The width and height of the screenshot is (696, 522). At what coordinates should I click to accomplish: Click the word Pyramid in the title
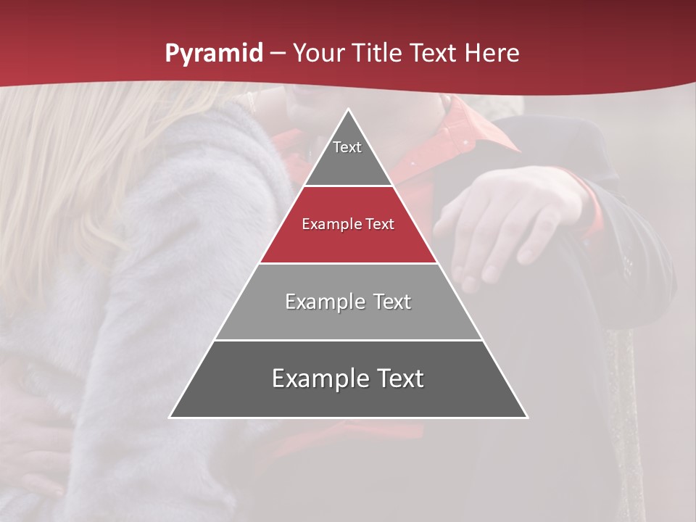pyautogui.click(x=213, y=54)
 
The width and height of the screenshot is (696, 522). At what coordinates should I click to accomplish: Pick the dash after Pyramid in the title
pyautogui.click(x=277, y=54)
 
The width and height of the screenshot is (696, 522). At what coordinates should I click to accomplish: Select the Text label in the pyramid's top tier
pyautogui.click(x=347, y=147)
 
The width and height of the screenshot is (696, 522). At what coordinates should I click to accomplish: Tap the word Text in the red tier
pyautogui.click(x=380, y=225)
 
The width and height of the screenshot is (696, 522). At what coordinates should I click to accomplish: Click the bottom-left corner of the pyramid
pyautogui.click(x=171, y=417)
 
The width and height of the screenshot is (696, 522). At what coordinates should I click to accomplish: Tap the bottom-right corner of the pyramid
pyautogui.click(x=526, y=417)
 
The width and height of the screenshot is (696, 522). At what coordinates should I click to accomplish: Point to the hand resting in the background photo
pyautogui.click(x=507, y=217)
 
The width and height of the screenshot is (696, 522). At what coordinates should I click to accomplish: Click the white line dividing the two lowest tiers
pyautogui.click(x=349, y=340)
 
